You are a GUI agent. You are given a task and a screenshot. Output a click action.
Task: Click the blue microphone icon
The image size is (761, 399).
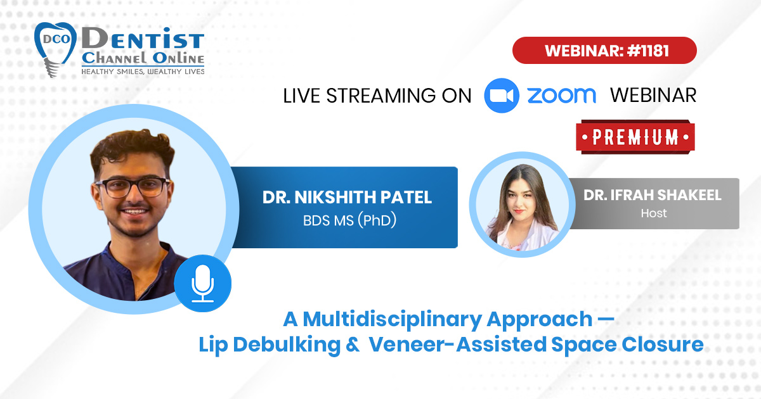tap(203, 283)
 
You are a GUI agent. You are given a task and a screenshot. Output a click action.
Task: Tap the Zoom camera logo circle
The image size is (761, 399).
tap(502, 96)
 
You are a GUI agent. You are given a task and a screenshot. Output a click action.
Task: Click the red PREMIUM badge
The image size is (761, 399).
tap(635, 137)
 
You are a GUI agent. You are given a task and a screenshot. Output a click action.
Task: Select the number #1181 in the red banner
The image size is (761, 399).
tap(648, 51)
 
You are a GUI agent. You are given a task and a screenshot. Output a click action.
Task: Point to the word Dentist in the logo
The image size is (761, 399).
tap(143, 38)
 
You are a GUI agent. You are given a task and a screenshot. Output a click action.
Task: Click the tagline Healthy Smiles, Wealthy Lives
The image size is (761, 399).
tap(143, 72)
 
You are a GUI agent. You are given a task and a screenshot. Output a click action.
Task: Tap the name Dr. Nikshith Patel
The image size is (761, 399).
tap(347, 198)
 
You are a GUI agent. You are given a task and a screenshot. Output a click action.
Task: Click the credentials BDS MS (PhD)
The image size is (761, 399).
tap(349, 220)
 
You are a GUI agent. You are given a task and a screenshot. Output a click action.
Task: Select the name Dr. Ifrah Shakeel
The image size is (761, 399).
tap(653, 195)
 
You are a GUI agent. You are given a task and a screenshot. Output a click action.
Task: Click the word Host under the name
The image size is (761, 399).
tap(654, 213)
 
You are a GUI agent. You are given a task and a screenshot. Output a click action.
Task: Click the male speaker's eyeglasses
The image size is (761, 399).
tap(133, 187)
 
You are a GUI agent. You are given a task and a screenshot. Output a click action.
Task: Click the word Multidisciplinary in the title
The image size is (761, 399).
tap(393, 320)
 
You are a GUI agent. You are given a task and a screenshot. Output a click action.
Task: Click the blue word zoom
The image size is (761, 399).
tap(562, 96)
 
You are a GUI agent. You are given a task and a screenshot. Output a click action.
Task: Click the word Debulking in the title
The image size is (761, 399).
tap(287, 345)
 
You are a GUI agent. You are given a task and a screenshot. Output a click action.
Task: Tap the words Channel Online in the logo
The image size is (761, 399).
tap(143, 58)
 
